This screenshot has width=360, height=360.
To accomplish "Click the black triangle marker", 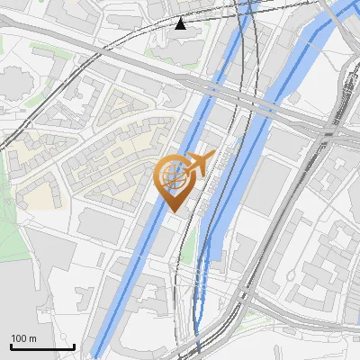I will coord(181,23).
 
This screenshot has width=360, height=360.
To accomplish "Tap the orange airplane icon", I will coord(197,164).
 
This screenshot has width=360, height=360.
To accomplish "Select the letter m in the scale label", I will coord(33,338).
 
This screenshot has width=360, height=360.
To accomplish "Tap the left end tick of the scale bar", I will coord(11,346).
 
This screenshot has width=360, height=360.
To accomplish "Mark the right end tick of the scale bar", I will coord(74,346).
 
